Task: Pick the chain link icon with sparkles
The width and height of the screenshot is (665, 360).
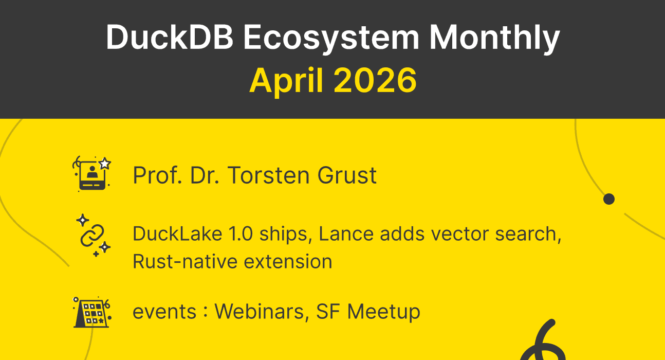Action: [93, 235]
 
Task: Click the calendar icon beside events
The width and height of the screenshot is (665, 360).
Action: [92, 312]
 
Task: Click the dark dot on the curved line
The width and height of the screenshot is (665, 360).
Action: [609, 199]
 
